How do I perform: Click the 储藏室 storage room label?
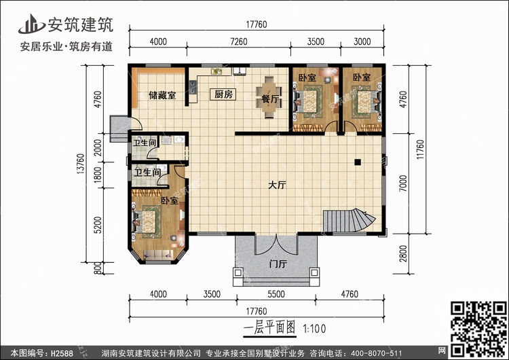[x=162, y=95]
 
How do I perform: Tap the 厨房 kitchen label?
[x=224, y=95]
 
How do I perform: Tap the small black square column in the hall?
[x=357, y=162]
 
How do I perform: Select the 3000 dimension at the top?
[x=363, y=42]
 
